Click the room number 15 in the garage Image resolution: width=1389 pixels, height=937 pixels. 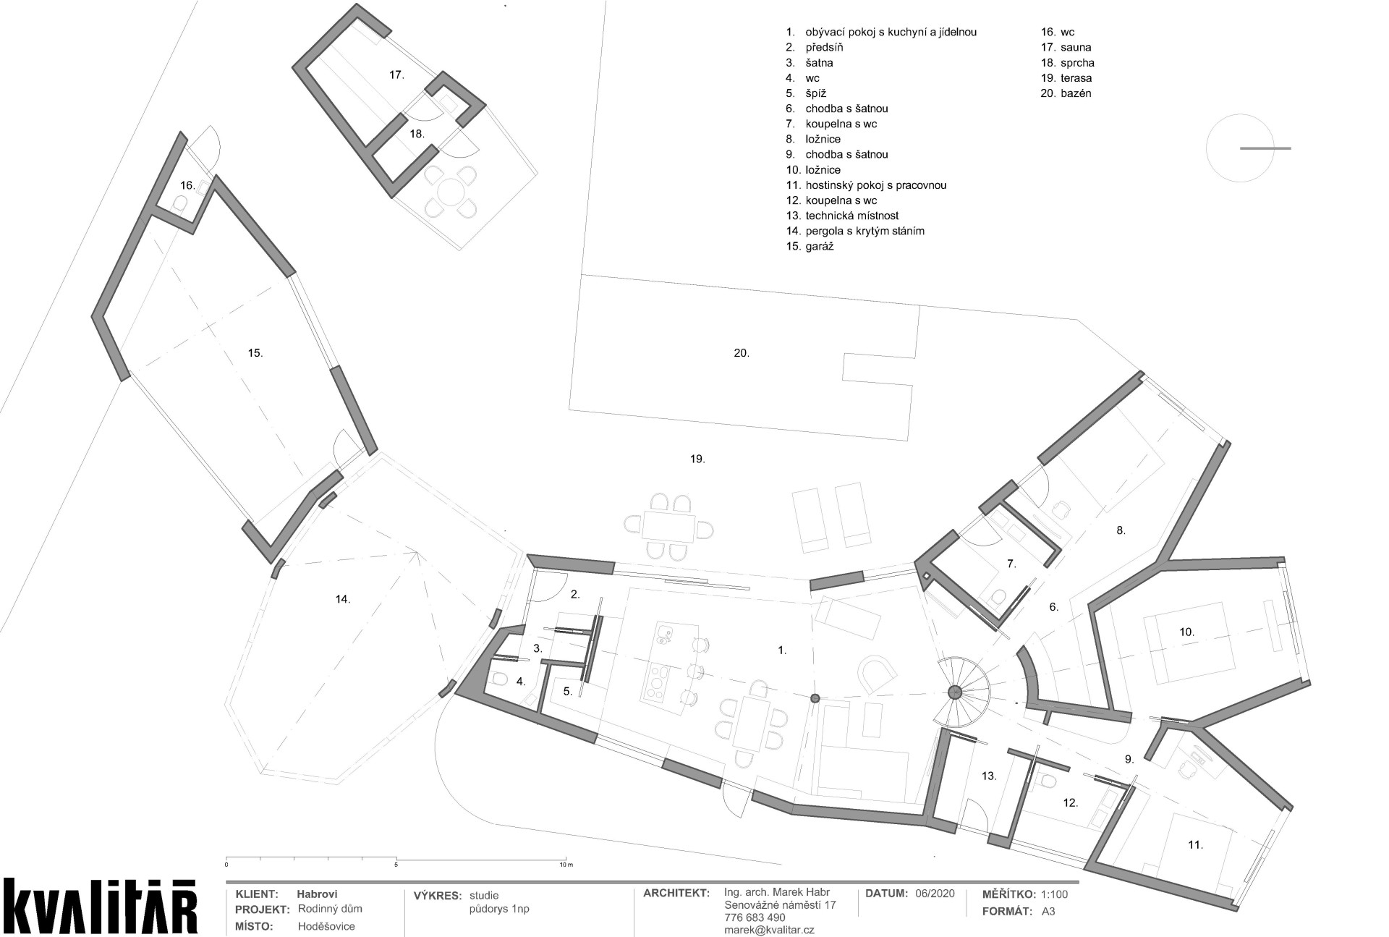click(x=255, y=353)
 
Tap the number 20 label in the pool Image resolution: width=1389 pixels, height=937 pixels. click(x=742, y=353)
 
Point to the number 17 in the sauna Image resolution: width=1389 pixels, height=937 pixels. click(x=396, y=75)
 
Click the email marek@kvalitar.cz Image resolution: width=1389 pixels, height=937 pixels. click(x=769, y=930)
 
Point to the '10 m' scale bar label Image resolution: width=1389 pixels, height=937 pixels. click(x=566, y=865)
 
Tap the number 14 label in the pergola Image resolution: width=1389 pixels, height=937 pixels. click(x=343, y=599)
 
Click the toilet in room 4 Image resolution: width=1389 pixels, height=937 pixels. click(x=501, y=680)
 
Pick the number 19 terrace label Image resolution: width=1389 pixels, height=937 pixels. click(x=697, y=459)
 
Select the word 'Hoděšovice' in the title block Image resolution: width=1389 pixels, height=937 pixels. click(x=326, y=926)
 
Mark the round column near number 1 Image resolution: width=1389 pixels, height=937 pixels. click(x=815, y=698)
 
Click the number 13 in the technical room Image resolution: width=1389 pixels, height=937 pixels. click(x=989, y=776)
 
